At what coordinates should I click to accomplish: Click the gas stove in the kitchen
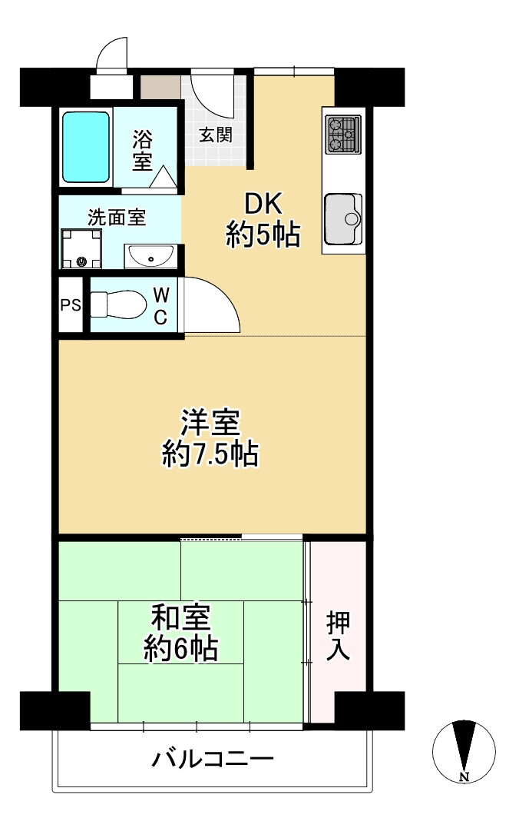(343, 134)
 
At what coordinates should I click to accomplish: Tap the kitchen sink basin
(342, 218)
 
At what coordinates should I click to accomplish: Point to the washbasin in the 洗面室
(150, 255)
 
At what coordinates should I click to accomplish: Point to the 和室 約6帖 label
(181, 633)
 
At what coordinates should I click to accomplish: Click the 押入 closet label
(338, 635)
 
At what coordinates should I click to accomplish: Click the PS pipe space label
(71, 304)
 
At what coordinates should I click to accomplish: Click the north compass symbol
(464, 750)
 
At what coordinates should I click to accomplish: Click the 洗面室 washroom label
(116, 218)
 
